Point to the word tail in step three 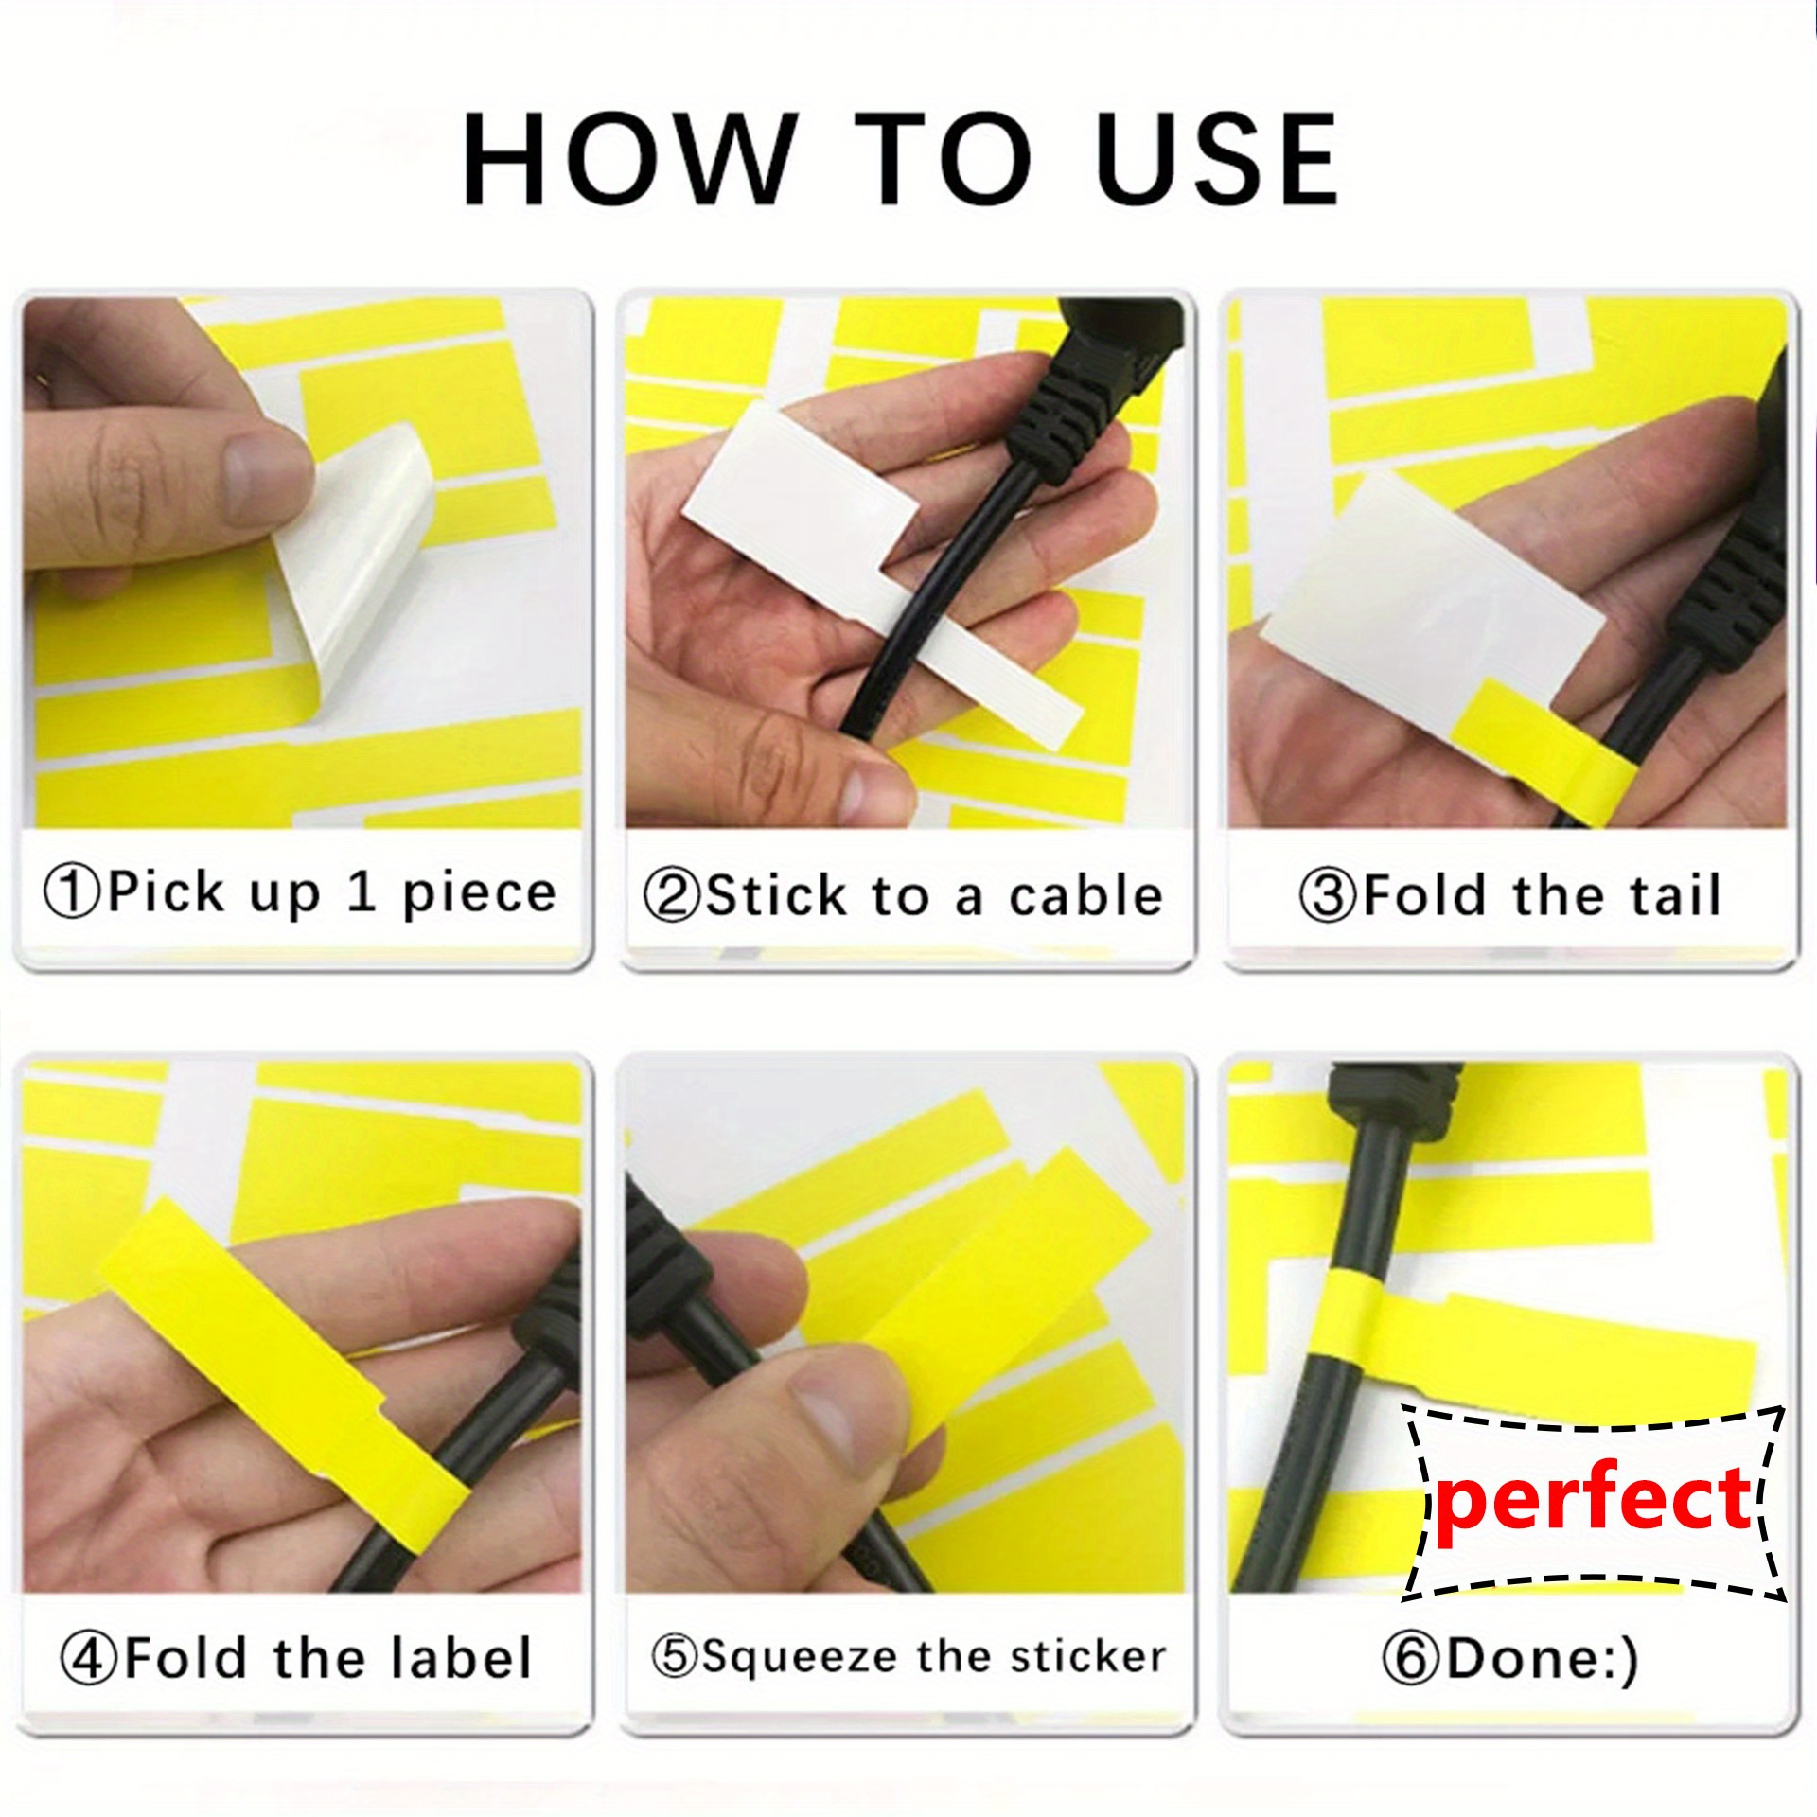click(x=1666, y=896)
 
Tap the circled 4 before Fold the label click(x=89, y=1659)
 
